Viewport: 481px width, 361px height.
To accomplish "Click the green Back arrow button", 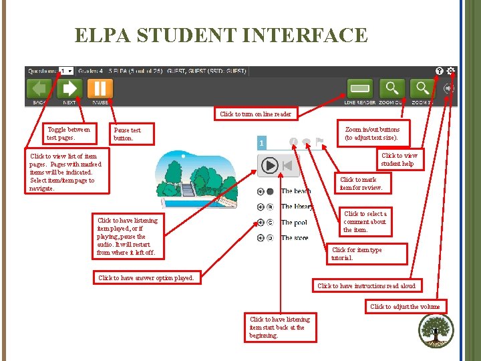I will (x=39, y=89).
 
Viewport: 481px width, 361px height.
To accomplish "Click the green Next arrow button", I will (x=69, y=89).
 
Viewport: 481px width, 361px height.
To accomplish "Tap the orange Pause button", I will (x=100, y=89).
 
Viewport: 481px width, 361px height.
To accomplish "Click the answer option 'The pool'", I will (x=294, y=223).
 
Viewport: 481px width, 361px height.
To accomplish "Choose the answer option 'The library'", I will (x=297, y=207).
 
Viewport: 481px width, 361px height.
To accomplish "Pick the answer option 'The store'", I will (x=295, y=238).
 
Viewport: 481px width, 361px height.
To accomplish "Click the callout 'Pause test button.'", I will (x=134, y=134).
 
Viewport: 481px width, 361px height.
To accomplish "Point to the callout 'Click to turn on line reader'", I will (x=255, y=114).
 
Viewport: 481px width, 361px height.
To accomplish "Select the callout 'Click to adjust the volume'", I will (x=405, y=307).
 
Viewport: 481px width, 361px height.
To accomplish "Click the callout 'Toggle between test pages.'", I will (x=68, y=133).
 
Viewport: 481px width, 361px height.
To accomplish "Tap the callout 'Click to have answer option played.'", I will (x=146, y=277).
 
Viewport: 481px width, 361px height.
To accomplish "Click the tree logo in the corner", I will (x=436, y=330).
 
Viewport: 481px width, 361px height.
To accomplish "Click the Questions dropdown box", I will (x=66, y=71).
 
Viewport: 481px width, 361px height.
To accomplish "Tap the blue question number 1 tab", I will (x=263, y=143).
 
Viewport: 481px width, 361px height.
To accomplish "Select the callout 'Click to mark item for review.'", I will (x=361, y=183).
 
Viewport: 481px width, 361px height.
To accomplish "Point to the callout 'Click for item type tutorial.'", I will (x=357, y=253).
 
